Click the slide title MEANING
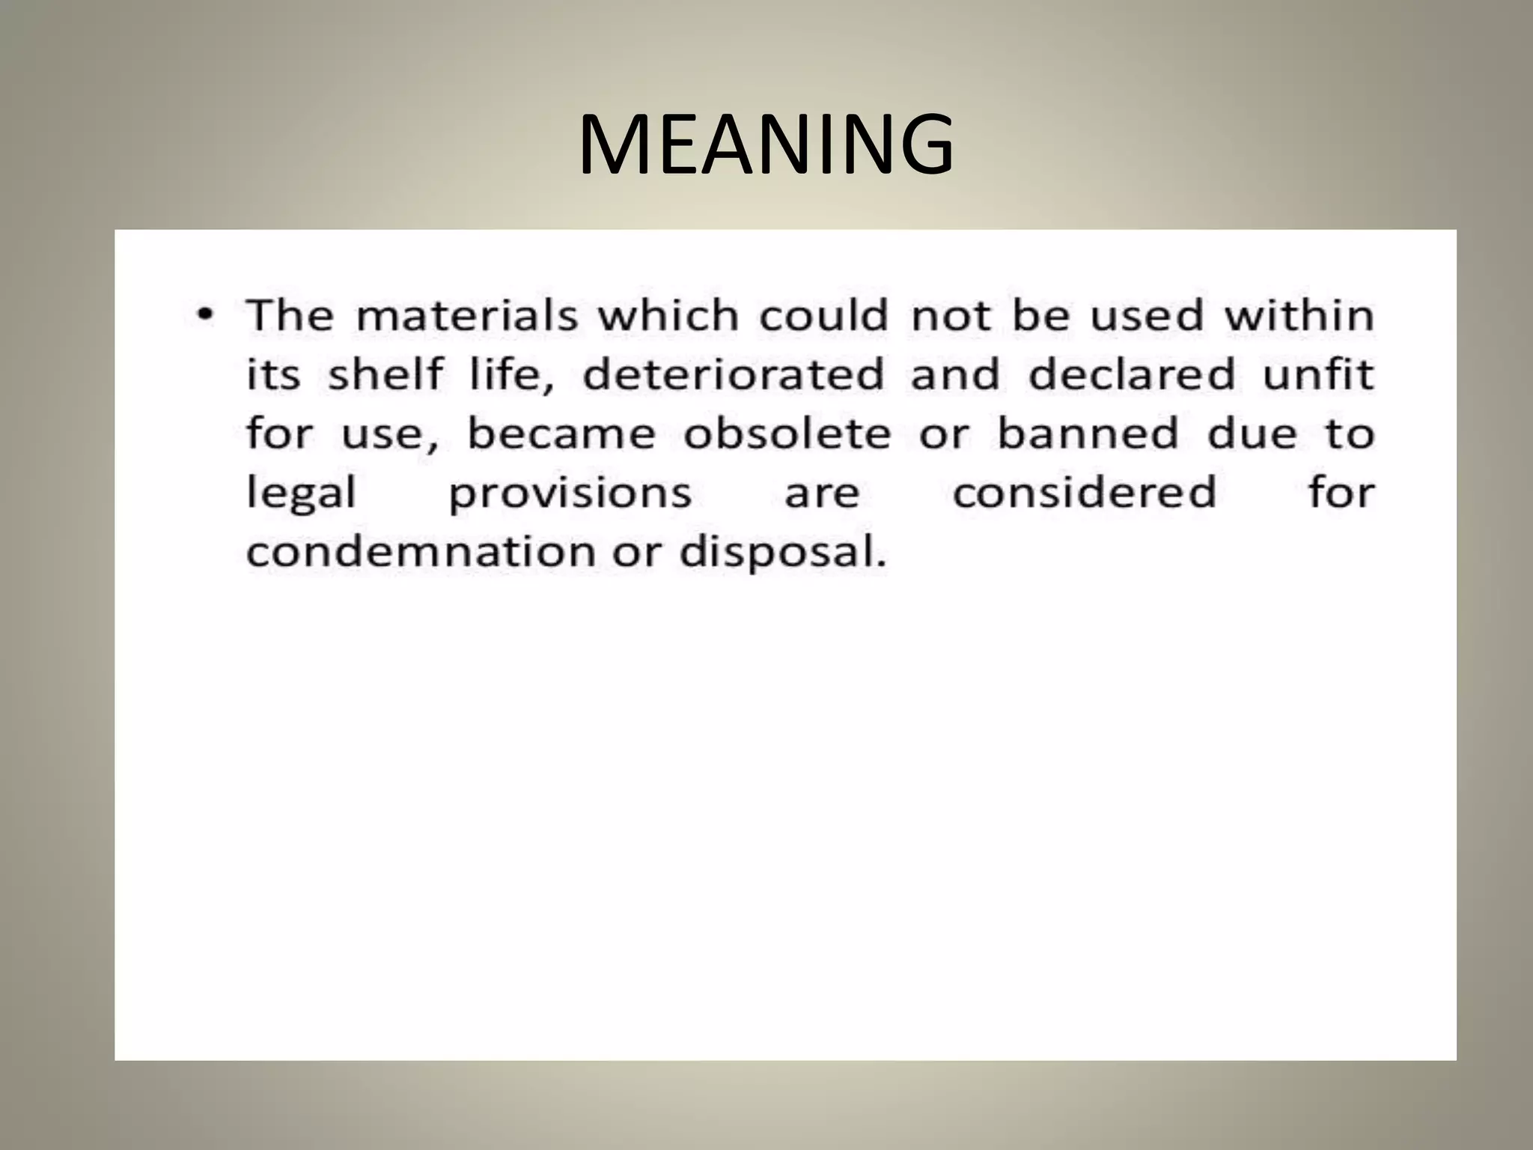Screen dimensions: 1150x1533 tap(766, 144)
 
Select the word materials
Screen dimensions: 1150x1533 tap(467, 315)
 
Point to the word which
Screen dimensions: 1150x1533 tap(668, 315)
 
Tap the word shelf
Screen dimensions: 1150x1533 tap(385, 374)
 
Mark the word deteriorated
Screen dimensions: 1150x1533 tap(734, 374)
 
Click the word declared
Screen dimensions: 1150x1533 tap(1131, 374)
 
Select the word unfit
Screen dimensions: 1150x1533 tap(1318, 374)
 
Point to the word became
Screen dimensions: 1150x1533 tap(561, 433)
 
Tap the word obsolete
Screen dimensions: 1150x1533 tap(787, 433)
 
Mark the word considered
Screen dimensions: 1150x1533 tap(1085, 493)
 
